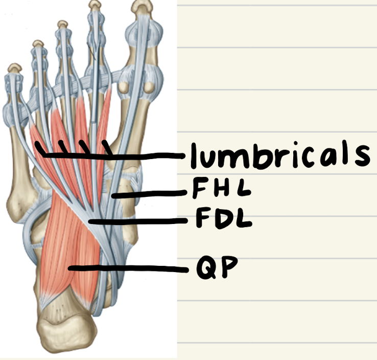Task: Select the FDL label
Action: point(223,220)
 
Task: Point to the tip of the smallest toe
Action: point(15,67)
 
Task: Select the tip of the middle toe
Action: point(62,24)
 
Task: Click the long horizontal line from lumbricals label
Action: point(148,155)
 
